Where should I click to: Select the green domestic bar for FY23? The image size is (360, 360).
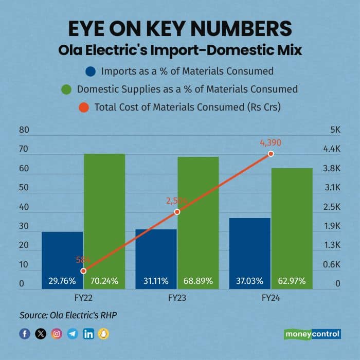click(198, 221)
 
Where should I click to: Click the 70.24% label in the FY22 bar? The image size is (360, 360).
click(104, 281)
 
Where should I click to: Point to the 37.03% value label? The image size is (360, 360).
click(250, 281)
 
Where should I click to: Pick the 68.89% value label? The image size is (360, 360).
click(198, 281)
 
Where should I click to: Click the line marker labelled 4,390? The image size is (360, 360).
click(271, 154)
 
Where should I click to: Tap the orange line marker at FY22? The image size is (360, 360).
click(83, 271)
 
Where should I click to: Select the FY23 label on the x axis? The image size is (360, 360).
click(177, 298)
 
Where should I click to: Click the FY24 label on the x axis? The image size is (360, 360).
click(271, 298)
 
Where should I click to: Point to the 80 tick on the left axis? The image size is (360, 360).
click(24, 130)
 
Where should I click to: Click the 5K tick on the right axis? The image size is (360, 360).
click(335, 130)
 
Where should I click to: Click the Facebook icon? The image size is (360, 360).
click(25, 334)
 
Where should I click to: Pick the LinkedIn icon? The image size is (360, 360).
click(88, 334)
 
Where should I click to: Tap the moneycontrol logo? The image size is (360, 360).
click(312, 334)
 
